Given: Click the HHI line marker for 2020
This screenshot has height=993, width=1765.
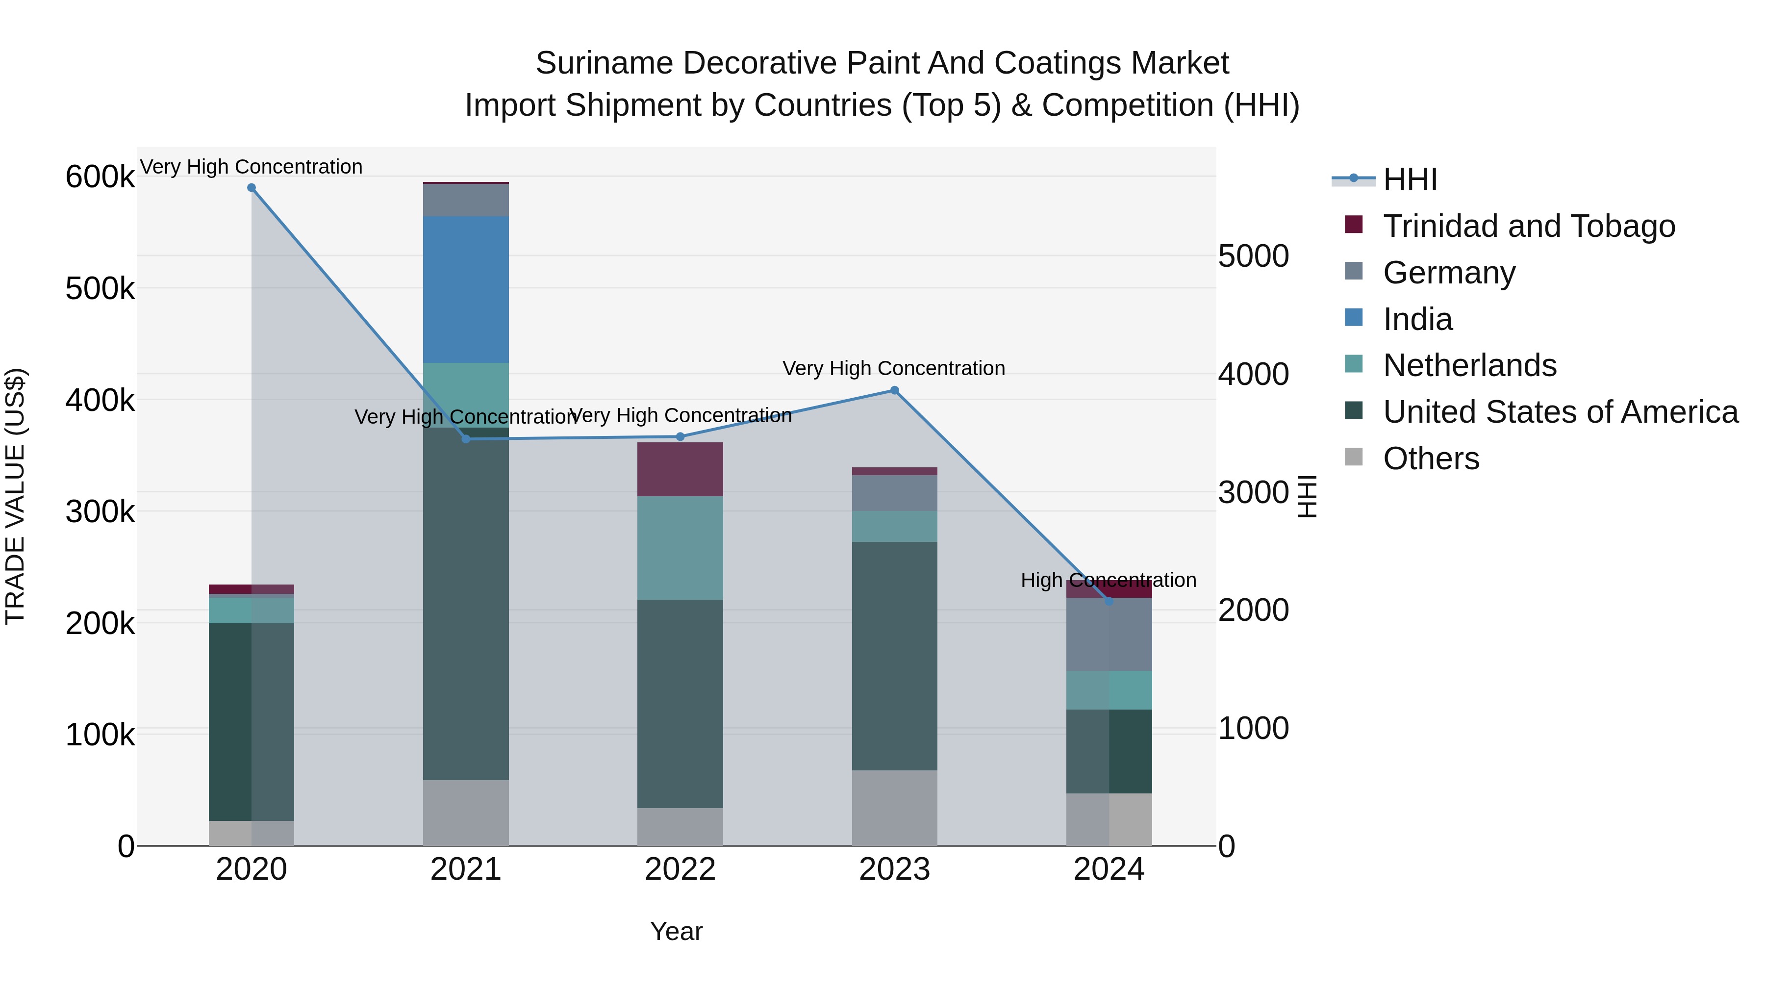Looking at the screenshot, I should pos(252,188).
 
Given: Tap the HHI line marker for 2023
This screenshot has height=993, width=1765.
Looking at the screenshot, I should pos(894,391).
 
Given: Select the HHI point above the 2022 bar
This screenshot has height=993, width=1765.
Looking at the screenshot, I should pos(681,436).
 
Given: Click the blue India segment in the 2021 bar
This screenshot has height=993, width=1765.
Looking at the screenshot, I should pos(466,289).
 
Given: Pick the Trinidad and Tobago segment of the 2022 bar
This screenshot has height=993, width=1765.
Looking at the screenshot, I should pos(681,469).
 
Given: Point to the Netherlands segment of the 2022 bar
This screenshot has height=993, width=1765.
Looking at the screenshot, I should pos(681,548).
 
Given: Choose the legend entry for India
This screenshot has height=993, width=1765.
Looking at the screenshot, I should pos(1417,319).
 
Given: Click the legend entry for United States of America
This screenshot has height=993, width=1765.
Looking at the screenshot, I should pos(1560,412).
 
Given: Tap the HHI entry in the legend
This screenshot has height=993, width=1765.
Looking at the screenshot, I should pos(1410,179).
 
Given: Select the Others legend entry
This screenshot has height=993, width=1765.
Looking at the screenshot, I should pos(1431,458).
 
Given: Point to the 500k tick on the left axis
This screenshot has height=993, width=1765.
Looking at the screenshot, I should pos(100,288).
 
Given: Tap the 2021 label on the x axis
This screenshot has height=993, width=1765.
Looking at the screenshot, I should pos(466,869).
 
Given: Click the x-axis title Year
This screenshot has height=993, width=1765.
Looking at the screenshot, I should pos(676,931).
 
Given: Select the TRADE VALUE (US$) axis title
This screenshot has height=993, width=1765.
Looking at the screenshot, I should pos(15,496).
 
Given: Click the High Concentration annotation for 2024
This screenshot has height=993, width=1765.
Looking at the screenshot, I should pos(1108,581).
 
